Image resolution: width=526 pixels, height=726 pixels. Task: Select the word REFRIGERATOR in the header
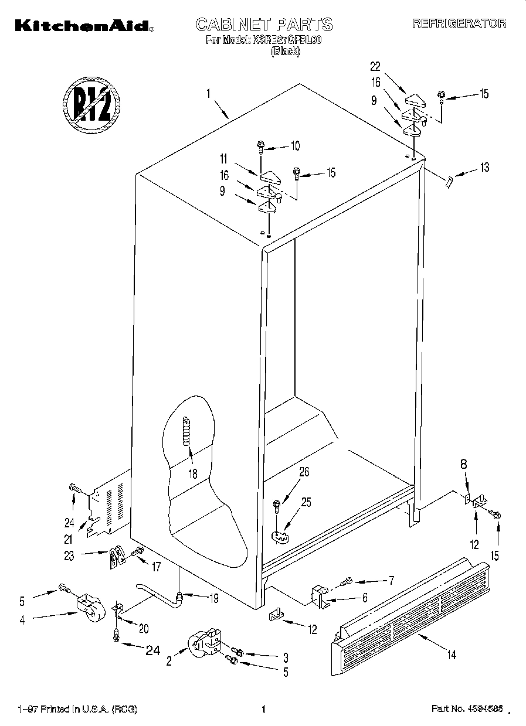click(x=459, y=23)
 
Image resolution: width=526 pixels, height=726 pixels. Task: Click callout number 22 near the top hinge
click(x=375, y=66)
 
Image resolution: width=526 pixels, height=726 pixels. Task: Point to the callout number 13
click(x=483, y=168)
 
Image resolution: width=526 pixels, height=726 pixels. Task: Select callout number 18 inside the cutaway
click(x=193, y=473)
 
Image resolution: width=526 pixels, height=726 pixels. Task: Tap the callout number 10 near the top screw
click(x=295, y=145)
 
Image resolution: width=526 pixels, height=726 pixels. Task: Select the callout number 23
click(x=69, y=555)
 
